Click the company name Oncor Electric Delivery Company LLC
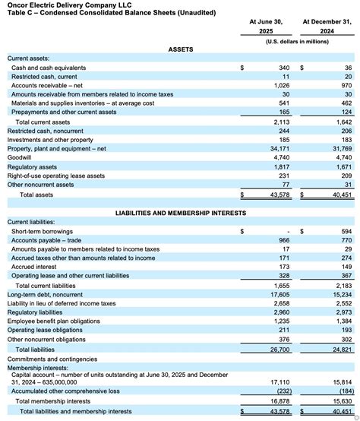[x=57, y=5]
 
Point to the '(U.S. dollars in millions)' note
[x=297, y=41]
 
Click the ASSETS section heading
[x=180, y=49]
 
